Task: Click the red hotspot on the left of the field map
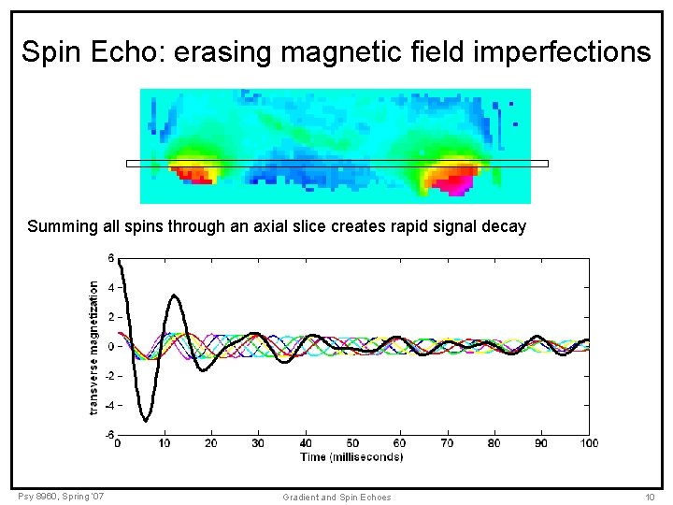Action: point(192,174)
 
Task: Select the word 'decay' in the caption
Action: point(506,226)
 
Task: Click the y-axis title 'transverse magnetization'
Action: point(93,347)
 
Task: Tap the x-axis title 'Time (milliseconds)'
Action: point(351,456)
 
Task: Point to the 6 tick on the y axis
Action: point(110,258)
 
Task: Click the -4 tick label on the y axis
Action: point(108,406)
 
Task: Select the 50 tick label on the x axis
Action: point(352,443)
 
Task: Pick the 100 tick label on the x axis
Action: point(588,443)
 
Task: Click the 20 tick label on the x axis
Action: point(211,443)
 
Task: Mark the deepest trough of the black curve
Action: point(145,421)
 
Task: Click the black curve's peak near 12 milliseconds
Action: point(174,296)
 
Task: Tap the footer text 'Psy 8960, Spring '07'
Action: point(60,496)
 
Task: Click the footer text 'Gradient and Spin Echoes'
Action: point(336,497)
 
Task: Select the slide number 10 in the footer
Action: point(649,497)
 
